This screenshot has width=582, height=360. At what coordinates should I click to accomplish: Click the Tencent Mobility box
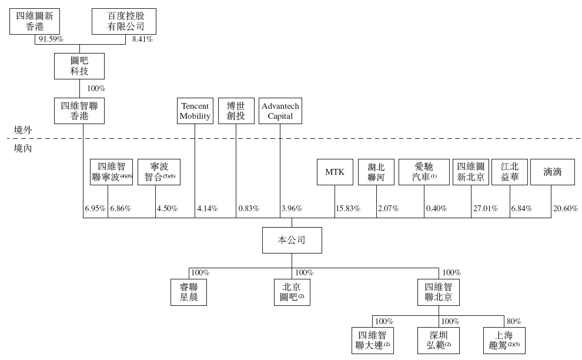195,111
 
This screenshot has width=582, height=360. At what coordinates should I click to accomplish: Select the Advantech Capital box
280,111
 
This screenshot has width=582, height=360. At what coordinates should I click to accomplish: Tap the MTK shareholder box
335,172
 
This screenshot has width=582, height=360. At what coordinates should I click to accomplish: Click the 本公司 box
292,240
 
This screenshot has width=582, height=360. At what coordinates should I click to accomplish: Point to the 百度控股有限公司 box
126,21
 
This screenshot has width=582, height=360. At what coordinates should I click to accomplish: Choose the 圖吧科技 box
79,66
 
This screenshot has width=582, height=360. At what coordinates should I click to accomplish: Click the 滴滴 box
552,172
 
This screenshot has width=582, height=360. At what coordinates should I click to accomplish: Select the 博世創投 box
235,111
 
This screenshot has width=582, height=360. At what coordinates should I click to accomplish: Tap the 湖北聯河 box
376,172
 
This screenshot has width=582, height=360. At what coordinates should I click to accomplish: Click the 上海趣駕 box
504,340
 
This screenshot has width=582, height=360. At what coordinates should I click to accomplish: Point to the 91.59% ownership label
51,39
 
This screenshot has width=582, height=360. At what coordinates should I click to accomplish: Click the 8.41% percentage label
142,39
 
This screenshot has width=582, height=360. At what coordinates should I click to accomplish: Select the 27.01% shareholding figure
486,208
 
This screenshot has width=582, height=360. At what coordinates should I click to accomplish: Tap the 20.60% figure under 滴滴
566,208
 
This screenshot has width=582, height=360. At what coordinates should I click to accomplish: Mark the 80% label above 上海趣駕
514,321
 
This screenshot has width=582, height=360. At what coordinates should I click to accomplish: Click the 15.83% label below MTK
347,208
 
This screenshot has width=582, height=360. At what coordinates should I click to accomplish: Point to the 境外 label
23,129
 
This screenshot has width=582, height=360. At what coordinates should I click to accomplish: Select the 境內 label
23,148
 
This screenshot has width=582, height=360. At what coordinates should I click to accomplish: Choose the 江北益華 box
510,172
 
